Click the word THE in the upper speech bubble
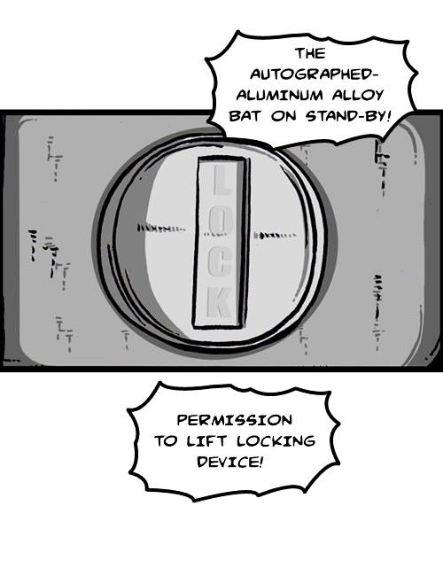click(311, 54)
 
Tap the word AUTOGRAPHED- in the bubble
click(315, 74)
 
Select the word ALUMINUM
click(280, 95)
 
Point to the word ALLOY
click(358, 95)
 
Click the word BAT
click(245, 116)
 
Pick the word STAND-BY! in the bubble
click(347, 116)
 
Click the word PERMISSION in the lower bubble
click(235, 420)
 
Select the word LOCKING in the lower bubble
click(276, 440)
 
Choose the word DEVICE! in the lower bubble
click(230, 462)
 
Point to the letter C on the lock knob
click(220, 262)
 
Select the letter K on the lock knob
click(220, 303)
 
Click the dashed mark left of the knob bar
click(161, 228)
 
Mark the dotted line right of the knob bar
click(275, 234)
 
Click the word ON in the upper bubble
click(283, 116)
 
